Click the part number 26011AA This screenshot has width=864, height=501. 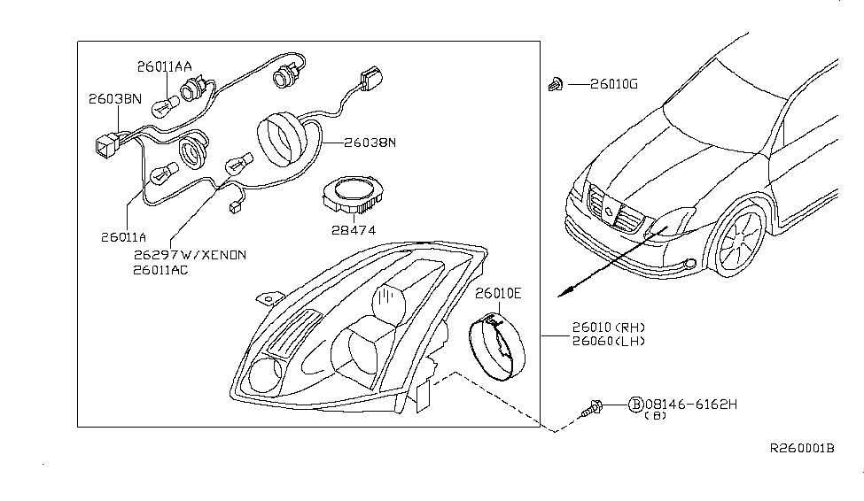coord(164,66)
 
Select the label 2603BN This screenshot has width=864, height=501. coord(115,99)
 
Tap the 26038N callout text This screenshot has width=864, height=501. coord(370,143)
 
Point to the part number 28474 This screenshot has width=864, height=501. coord(354,230)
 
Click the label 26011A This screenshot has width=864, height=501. coord(123,237)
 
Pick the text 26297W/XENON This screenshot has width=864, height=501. coord(190,255)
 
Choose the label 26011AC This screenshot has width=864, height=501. coord(160,270)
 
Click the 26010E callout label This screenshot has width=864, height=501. coord(498,294)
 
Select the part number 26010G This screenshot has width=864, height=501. coord(614,84)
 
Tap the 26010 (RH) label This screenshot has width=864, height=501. coord(608,328)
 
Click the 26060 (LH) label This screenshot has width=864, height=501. coord(608,342)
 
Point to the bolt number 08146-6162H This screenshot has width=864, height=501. coord(691,405)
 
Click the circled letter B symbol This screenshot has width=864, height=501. coord(636,405)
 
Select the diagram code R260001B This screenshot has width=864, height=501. coord(802,448)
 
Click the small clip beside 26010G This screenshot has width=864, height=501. coord(556,84)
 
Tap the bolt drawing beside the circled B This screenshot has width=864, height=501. coord(592,409)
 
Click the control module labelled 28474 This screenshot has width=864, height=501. coord(353,195)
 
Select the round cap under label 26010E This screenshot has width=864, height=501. coord(497,346)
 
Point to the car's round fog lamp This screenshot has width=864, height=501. coord(689,264)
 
